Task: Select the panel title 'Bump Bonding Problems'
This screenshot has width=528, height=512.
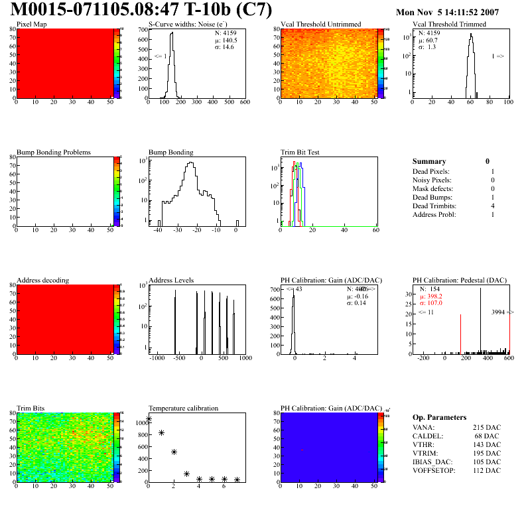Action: point(54,153)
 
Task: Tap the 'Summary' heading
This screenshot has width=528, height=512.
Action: point(429,161)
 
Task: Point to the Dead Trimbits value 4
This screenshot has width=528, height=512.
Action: point(493,206)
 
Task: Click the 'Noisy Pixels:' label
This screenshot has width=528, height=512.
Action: point(432,180)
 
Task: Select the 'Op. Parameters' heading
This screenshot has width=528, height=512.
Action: point(439,417)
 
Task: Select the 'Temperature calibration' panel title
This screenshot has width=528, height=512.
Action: point(184,409)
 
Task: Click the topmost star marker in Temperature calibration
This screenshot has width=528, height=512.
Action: point(149,419)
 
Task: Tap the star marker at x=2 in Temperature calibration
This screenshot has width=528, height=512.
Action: point(174,452)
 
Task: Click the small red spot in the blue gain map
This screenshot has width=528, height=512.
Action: point(302,450)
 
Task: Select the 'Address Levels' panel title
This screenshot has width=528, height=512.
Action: point(172,281)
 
